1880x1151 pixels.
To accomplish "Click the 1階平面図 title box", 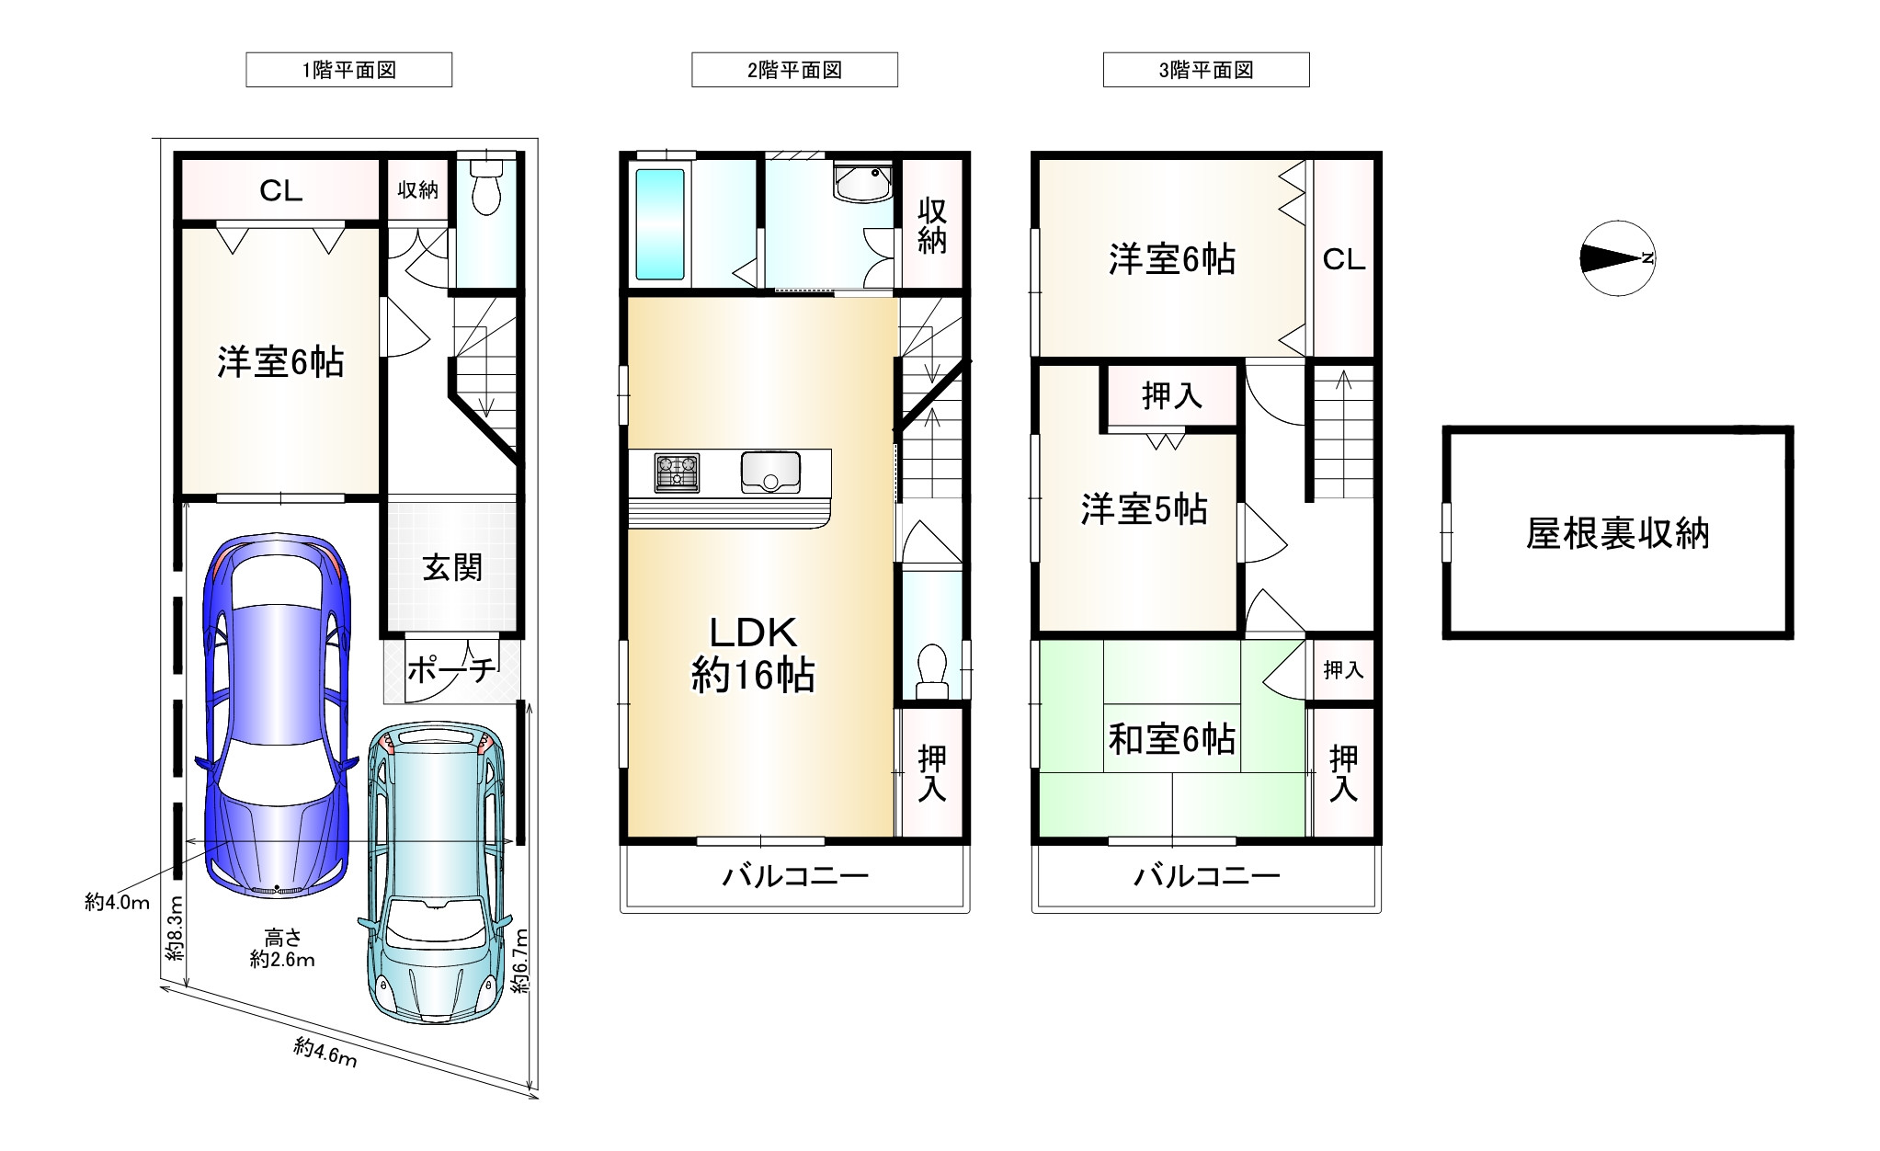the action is (x=348, y=70).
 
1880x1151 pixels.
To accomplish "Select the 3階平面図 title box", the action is (x=1206, y=70).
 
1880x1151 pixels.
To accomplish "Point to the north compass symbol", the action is (x=1617, y=258).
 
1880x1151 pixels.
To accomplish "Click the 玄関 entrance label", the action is (x=452, y=567).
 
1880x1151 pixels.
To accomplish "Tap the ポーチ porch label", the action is (x=451, y=669).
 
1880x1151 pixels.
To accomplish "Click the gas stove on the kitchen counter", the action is (x=677, y=473).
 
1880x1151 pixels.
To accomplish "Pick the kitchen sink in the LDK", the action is (x=770, y=473).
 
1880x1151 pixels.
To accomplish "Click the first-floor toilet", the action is (x=484, y=186).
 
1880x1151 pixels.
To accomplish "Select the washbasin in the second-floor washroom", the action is (x=862, y=182).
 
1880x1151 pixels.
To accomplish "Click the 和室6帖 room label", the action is (x=1171, y=739).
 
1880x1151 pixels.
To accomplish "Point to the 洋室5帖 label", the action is (x=1144, y=508).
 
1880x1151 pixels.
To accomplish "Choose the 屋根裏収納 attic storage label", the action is (x=1617, y=533).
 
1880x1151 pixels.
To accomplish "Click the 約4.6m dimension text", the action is (x=326, y=1053).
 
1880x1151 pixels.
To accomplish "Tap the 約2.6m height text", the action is (x=282, y=960).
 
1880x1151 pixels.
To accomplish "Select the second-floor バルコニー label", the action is (x=795, y=875).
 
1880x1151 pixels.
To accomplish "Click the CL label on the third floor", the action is (x=1344, y=260).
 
